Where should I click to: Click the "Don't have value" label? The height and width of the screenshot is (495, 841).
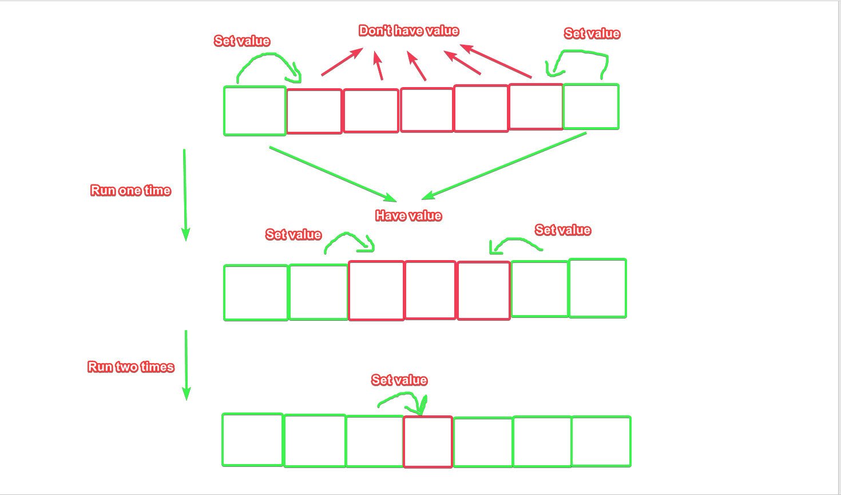(408, 31)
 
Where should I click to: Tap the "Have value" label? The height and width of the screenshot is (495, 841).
(408, 216)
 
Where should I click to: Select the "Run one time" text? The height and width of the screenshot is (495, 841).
(130, 191)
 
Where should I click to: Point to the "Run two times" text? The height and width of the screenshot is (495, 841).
(130, 367)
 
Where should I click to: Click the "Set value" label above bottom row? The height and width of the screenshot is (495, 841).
(399, 380)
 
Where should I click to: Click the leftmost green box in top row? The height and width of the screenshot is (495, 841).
(255, 111)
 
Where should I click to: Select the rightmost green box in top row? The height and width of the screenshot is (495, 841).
(591, 107)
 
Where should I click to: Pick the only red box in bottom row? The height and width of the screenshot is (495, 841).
(428, 442)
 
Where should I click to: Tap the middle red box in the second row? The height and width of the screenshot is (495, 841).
(430, 290)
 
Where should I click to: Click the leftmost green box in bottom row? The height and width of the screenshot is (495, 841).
(252, 440)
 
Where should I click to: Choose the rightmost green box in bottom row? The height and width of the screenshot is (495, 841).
(601, 442)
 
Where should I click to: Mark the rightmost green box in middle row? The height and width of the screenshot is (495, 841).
(597, 288)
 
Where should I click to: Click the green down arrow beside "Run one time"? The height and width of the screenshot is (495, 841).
(185, 195)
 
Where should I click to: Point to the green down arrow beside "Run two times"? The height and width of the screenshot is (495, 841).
(186, 365)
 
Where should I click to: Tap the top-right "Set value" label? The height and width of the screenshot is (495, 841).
(592, 34)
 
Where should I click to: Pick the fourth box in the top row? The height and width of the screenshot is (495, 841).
(427, 110)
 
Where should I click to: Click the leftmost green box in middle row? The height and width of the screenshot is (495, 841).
(256, 293)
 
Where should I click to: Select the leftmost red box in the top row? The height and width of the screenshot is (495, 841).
(314, 112)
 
